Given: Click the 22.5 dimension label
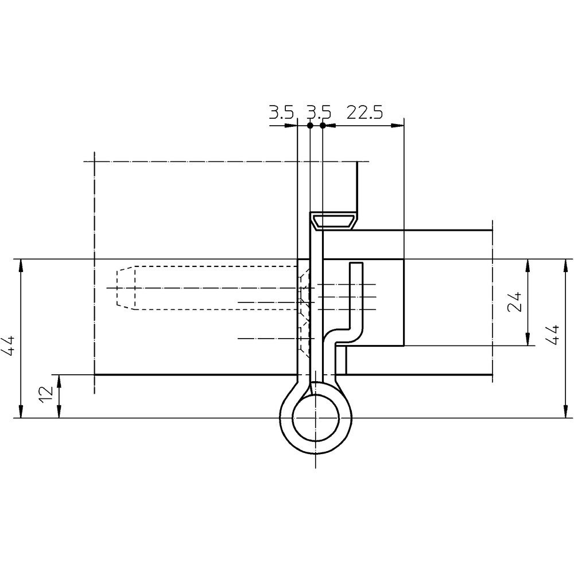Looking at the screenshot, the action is click(x=364, y=112).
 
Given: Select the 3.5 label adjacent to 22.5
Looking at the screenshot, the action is click(x=319, y=112).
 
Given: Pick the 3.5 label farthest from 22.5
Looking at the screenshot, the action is click(x=281, y=112).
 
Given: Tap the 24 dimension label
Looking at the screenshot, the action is click(x=514, y=302).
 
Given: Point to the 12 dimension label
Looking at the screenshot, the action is click(x=47, y=394).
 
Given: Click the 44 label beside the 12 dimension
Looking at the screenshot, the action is click(x=8, y=345).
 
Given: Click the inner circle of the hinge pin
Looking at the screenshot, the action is click(x=315, y=418).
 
